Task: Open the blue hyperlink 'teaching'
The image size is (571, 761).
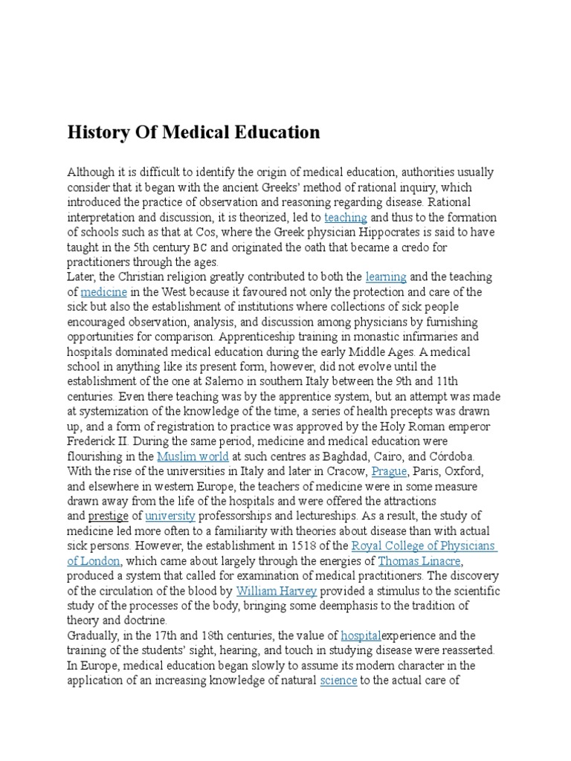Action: (x=346, y=217)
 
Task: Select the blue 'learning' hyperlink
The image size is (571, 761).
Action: (x=386, y=276)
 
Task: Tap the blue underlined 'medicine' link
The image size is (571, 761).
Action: (x=104, y=292)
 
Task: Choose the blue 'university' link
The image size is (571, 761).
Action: (x=170, y=515)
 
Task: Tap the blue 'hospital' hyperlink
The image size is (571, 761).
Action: (x=361, y=635)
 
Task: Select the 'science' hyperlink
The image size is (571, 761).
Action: (x=338, y=680)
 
